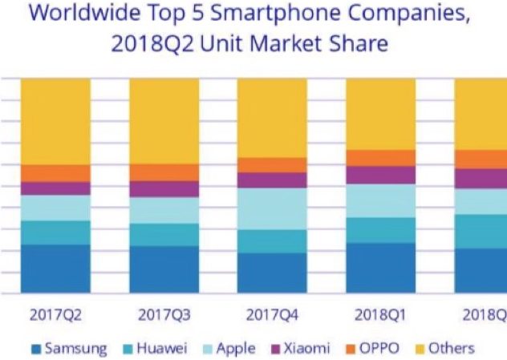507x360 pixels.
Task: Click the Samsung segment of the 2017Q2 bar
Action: [55, 269]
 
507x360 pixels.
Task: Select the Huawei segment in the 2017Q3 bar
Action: [164, 234]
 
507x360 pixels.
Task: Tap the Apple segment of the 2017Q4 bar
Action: [272, 208]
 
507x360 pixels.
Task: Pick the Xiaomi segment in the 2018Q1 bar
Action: [380, 175]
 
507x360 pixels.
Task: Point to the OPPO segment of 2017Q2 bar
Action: [55, 173]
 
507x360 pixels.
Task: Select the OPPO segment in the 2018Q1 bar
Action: [380, 157]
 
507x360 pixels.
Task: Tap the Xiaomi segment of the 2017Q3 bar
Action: [164, 189]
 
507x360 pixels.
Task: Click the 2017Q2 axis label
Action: [55, 314]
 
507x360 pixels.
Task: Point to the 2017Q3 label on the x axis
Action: [164, 314]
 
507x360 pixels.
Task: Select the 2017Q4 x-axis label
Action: [272, 314]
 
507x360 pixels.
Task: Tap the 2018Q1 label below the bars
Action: [380, 314]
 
